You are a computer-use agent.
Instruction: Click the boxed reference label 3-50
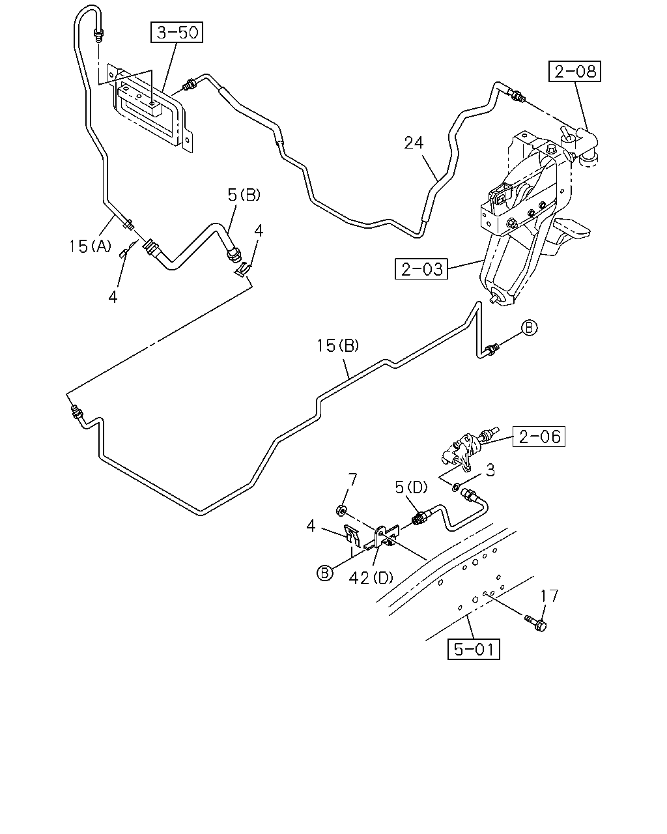(177, 32)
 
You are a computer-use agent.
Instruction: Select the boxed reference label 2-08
(575, 71)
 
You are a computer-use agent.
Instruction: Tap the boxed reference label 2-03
(421, 268)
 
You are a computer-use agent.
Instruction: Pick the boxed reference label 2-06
(539, 437)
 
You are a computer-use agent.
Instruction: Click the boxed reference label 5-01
(474, 649)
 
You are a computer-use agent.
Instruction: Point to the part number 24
(414, 143)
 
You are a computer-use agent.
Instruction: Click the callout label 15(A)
(90, 246)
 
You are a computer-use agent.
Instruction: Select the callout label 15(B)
(337, 346)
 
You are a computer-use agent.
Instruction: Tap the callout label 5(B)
(244, 195)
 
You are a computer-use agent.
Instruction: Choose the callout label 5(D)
(411, 487)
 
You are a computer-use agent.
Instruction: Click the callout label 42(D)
(371, 578)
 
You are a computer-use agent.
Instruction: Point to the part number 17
(549, 596)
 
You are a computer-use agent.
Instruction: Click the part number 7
(352, 481)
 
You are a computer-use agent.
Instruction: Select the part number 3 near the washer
(490, 470)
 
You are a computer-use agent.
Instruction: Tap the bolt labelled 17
(536, 622)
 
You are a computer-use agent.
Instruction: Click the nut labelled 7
(341, 511)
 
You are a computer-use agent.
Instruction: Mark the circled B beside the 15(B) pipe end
(529, 328)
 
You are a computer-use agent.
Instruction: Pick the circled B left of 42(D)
(325, 573)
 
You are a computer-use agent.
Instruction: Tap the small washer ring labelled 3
(456, 485)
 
